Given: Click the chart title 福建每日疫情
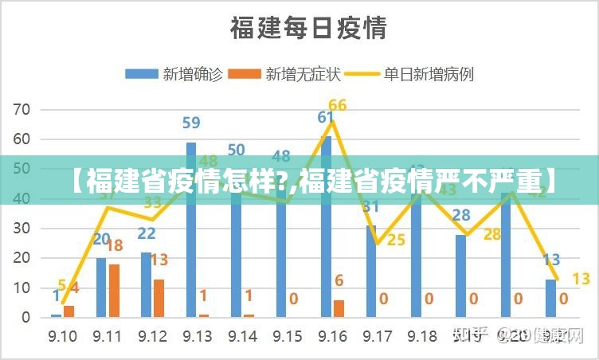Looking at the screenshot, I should click(x=308, y=29).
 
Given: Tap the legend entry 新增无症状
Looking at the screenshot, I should click(x=284, y=74).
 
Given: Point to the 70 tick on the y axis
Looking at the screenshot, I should click(x=22, y=109).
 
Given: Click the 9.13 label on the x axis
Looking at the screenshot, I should click(x=197, y=336).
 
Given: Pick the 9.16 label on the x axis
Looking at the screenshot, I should click(x=332, y=336).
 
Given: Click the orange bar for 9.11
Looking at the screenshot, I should click(x=114, y=290).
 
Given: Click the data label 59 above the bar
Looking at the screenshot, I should click(x=191, y=123).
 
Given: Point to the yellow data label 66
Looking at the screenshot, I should click(x=337, y=105).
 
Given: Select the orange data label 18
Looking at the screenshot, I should click(x=115, y=245).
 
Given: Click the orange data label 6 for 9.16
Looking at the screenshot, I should click(x=339, y=280).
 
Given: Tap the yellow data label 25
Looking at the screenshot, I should click(x=396, y=239).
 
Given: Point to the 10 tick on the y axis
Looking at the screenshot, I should click(x=22, y=288).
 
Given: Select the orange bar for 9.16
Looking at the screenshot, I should click(x=339, y=308).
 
